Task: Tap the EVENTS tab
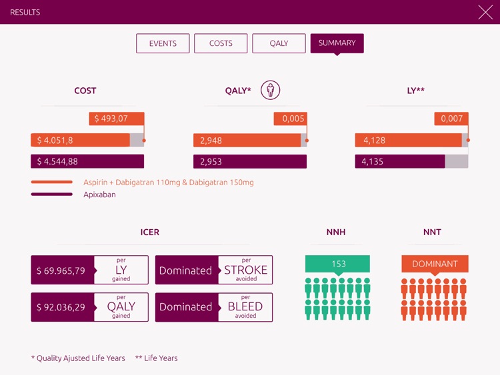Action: point(163,43)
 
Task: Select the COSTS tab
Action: point(221,43)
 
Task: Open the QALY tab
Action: point(279,43)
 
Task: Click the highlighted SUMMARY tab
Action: point(337,43)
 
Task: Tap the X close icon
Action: point(485,12)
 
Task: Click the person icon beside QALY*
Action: point(270,90)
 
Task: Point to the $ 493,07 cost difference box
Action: point(117,119)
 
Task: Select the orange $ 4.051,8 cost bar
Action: point(80,140)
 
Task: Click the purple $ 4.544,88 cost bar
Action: point(87,161)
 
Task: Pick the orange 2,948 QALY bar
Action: point(247,140)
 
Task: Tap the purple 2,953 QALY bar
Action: point(249,161)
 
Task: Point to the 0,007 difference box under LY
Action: point(451,119)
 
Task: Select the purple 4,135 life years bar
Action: point(399,161)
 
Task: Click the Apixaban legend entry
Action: point(99,194)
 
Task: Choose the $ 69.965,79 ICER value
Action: point(62,270)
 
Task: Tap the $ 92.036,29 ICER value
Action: point(62,307)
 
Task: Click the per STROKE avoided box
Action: point(245,270)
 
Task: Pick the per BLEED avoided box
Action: point(245,307)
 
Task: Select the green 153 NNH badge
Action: point(337,264)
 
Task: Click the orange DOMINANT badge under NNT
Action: point(435,264)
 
